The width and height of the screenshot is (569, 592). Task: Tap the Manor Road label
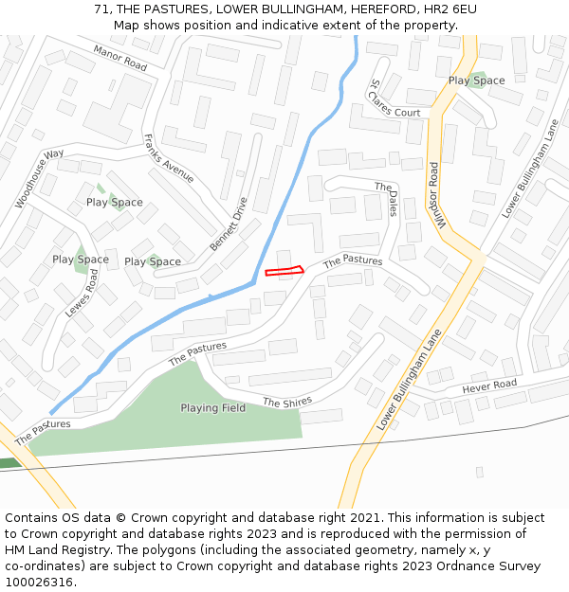click(120, 59)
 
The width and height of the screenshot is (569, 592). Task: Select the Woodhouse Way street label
click(40, 178)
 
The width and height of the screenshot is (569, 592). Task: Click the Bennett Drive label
click(229, 224)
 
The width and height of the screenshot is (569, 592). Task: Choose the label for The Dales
click(389, 199)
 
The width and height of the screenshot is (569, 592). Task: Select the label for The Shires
click(287, 403)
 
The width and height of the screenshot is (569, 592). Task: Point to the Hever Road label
click(489, 386)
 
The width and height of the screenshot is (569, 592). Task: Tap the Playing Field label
click(213, 408)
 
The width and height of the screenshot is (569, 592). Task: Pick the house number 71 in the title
click(101, 9)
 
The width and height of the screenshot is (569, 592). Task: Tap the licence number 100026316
click(40, 583)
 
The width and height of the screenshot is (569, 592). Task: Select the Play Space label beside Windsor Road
click(476, 81)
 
